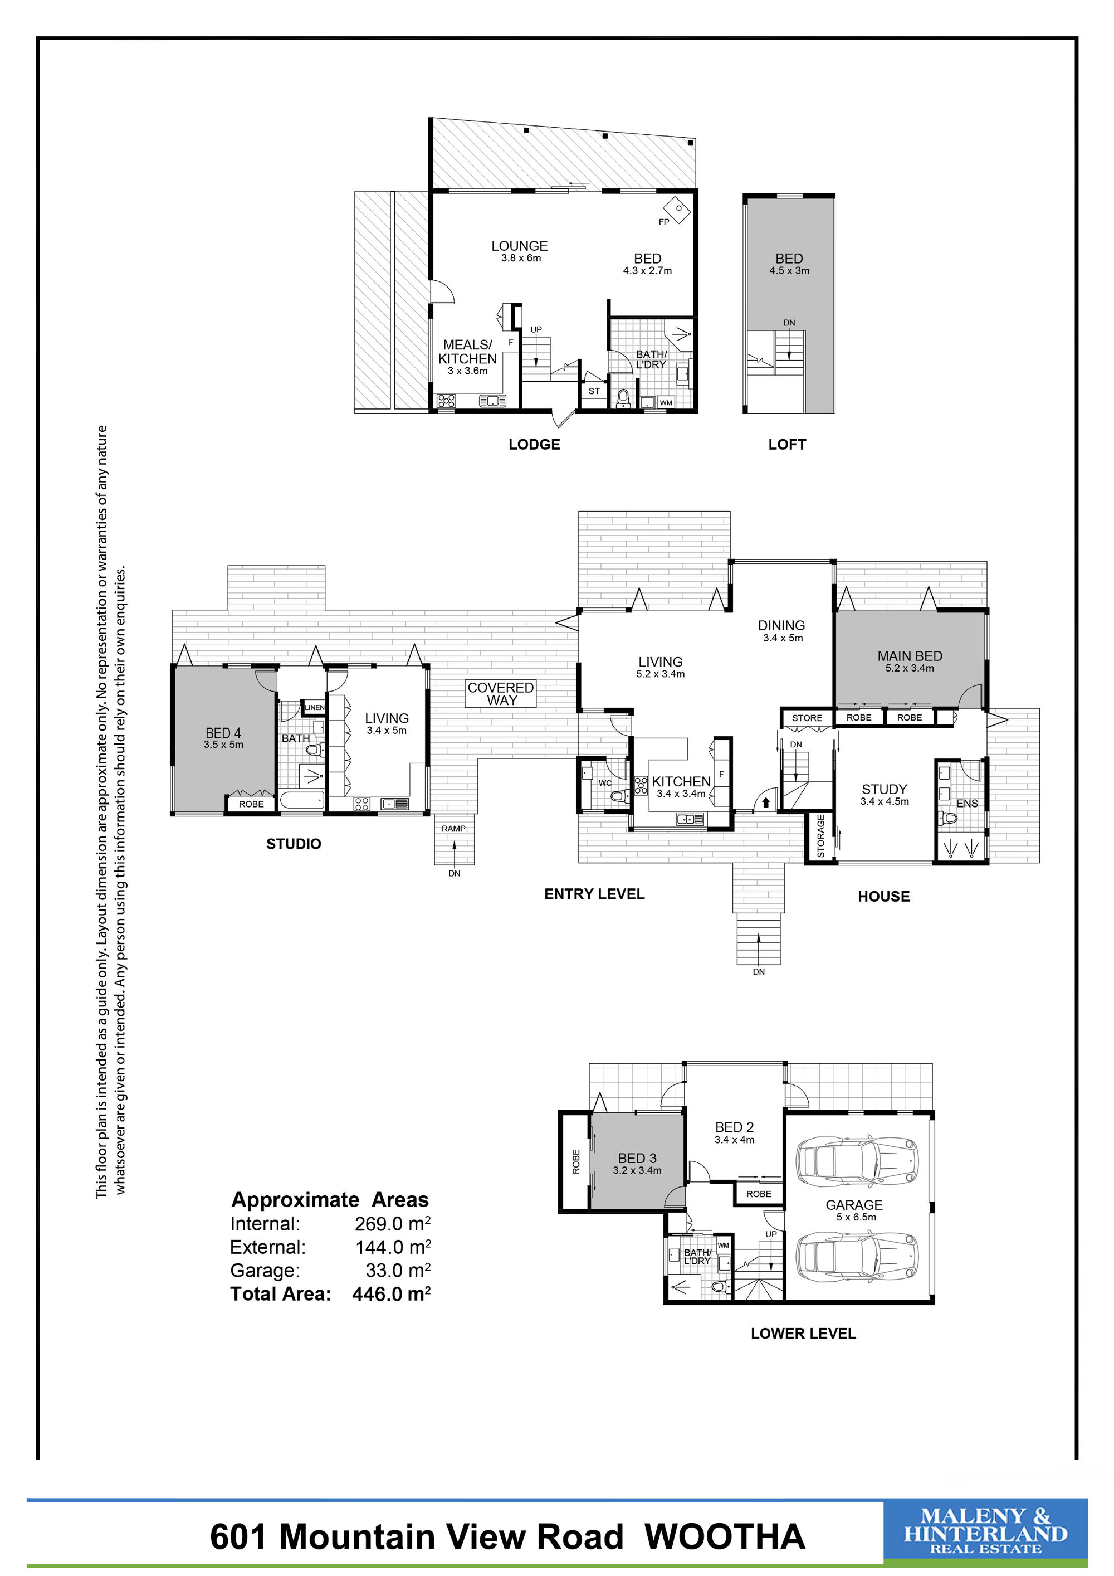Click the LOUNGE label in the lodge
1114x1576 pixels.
[519, 246]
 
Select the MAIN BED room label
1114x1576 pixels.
[910, 656]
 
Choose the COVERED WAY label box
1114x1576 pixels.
[501, 694]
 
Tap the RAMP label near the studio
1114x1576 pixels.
[453, 829]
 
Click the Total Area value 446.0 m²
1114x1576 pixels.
[392, 1294]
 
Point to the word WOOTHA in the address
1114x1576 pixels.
[725, 1537]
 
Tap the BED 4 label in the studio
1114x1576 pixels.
[223, 733]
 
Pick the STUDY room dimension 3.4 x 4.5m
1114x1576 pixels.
[885, 801]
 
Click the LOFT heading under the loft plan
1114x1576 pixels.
[787, 445]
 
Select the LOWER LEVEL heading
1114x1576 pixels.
[803, 1334]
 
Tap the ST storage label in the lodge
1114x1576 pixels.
[594, 391]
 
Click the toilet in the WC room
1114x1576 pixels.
[619, 796]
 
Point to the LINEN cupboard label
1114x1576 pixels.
[315, 708]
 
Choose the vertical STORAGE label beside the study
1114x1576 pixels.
[820, 835]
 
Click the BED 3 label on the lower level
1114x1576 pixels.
[637, 1159]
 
